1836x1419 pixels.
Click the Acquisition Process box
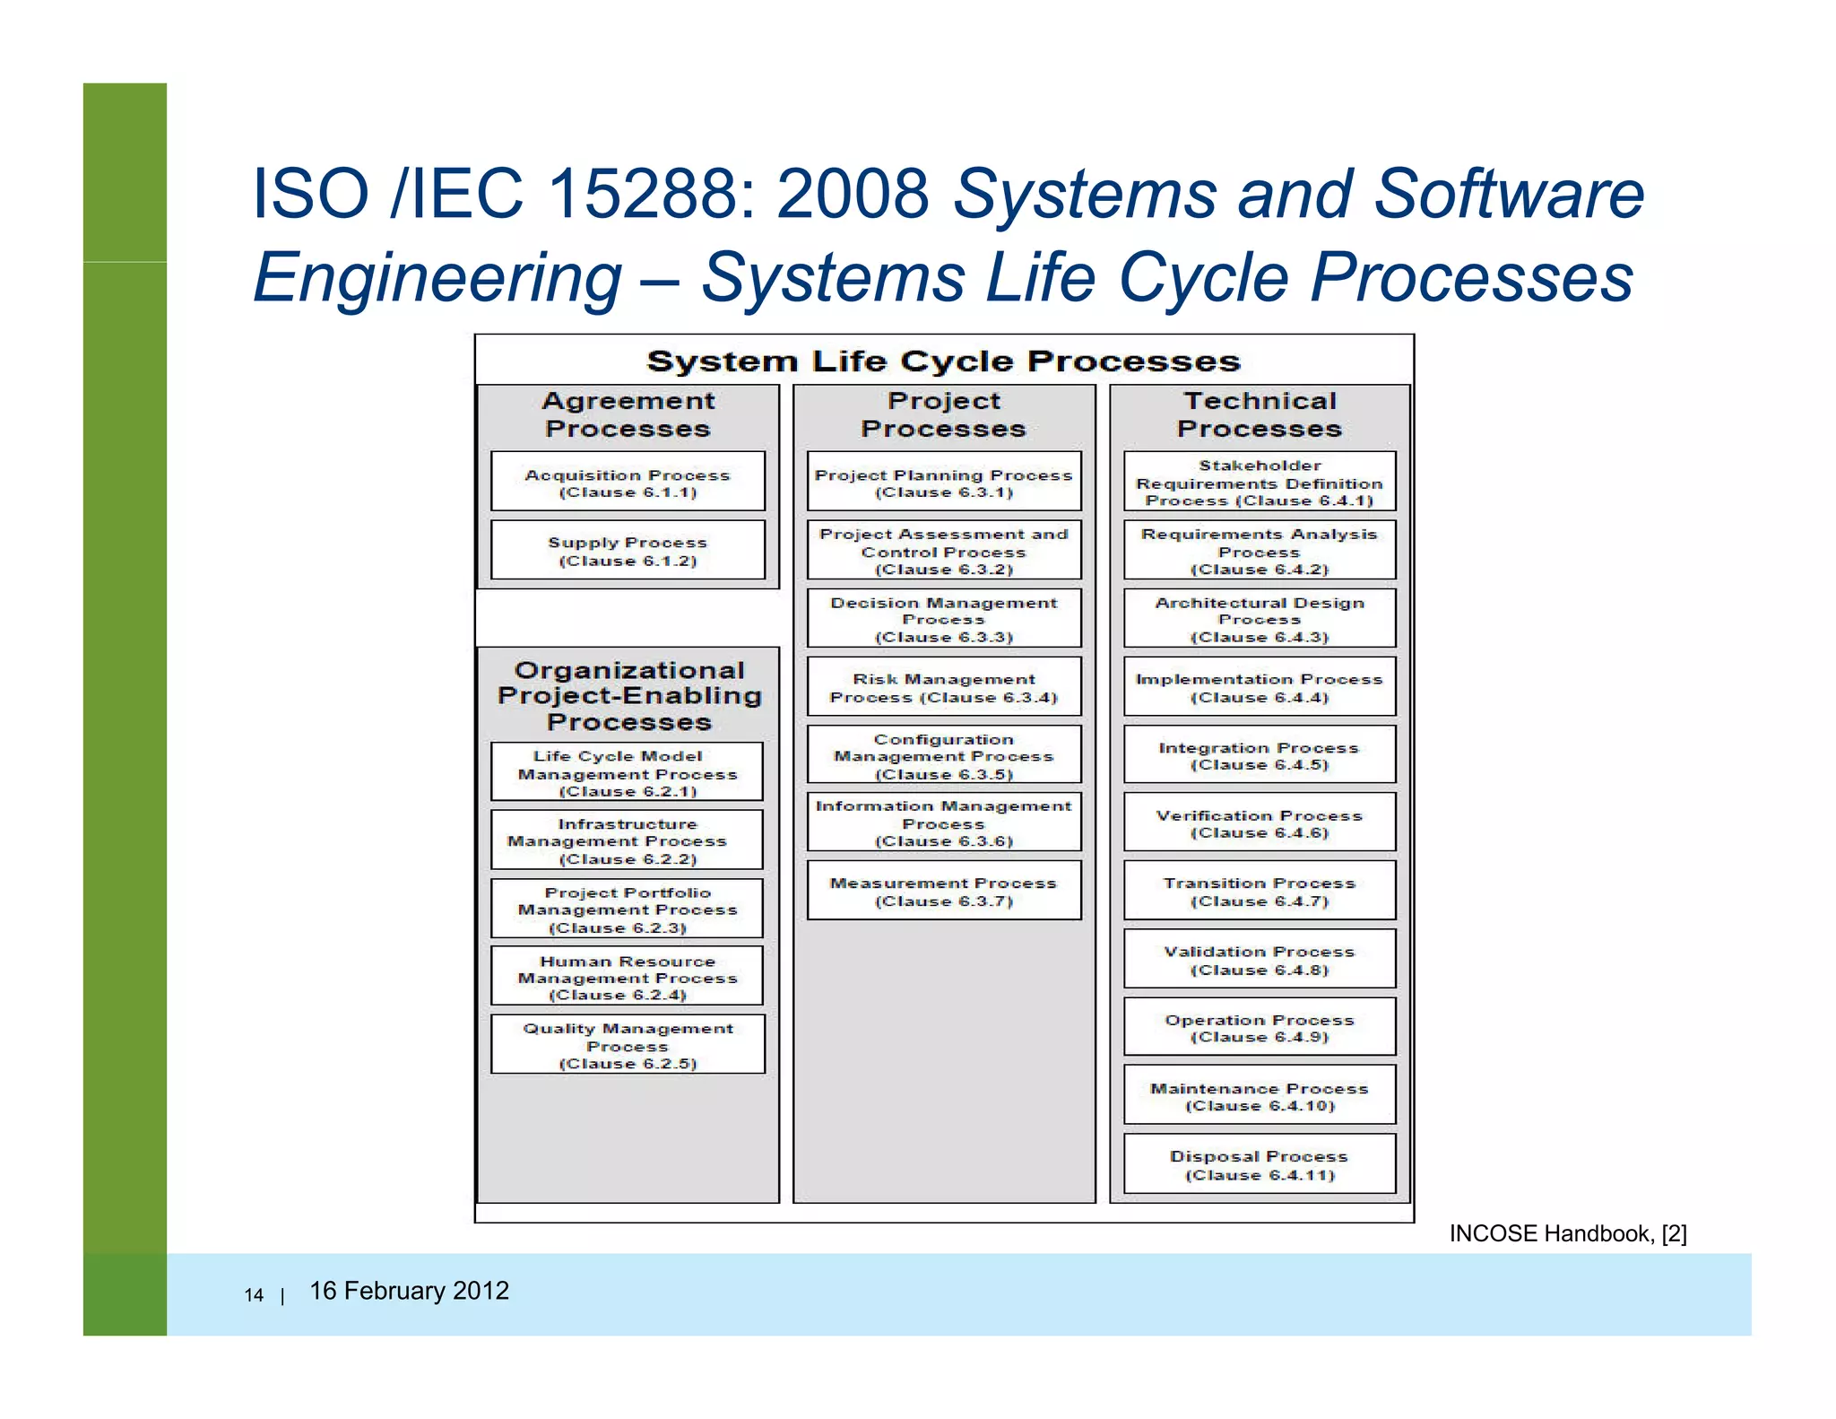point(628,482)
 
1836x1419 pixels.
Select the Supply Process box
point(628,550)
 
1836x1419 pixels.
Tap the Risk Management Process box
point(944,687)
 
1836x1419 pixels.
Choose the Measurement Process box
point(944,891)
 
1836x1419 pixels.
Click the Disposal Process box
point(1260,1164)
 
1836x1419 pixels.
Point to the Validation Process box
point(1260,959)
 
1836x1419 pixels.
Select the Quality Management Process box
point(628,1045)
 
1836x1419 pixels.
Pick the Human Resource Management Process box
point(628,977)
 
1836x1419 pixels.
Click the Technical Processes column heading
point(1260,414)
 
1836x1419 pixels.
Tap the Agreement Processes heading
point(628,414)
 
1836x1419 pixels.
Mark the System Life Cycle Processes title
point(943,361)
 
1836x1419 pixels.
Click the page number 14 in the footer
point(254,1295)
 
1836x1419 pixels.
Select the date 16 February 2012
point(409,1291)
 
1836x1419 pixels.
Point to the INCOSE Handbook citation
point(1567,1233)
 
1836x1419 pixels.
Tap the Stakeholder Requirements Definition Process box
point(1260,482)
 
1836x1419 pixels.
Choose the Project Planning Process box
point(944,482)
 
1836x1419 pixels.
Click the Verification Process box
point(1260,823)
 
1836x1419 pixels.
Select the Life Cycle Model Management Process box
point(628,772)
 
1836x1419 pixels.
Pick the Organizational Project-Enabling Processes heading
point(629,696)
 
